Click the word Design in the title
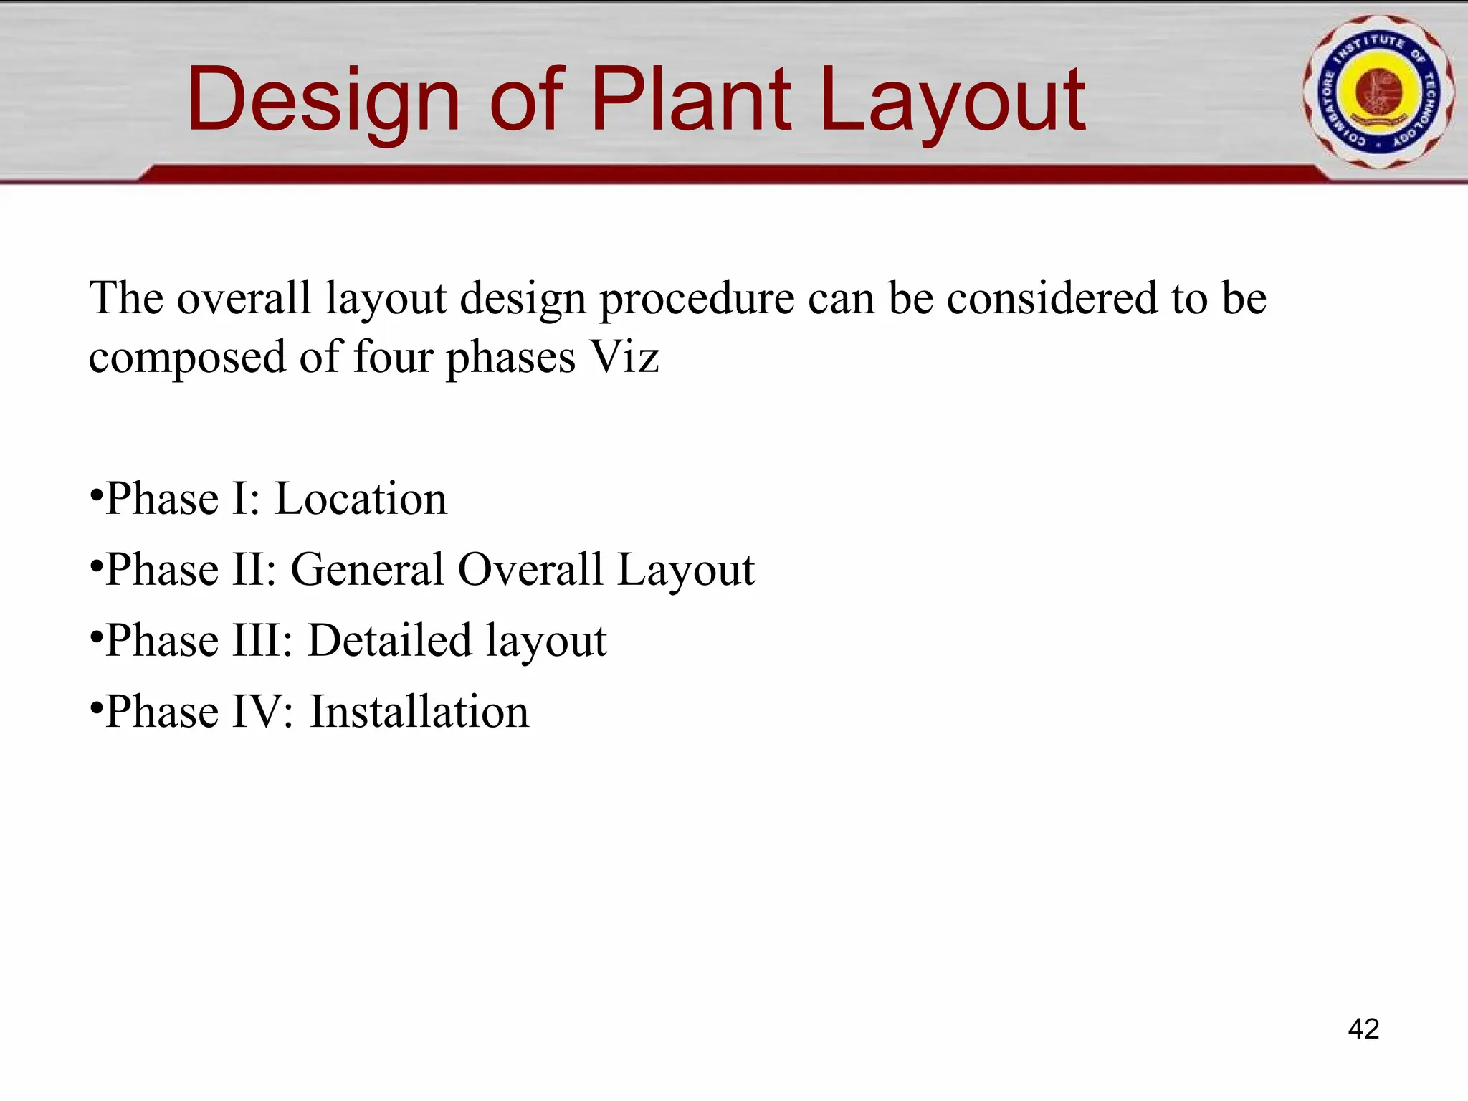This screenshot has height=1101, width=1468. [323, 100]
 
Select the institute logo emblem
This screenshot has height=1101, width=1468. [1378, 92]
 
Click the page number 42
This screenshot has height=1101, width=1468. [1363, 1029]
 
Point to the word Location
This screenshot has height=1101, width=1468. [361, 499]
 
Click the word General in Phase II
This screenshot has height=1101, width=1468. [367, 570]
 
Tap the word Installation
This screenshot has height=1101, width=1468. [419, 712]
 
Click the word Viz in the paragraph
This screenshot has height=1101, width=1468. [624, 356]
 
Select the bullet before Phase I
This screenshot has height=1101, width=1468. [95, 494]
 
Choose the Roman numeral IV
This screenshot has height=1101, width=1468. [262, 712]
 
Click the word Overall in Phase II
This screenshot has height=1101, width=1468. [530, 570]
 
